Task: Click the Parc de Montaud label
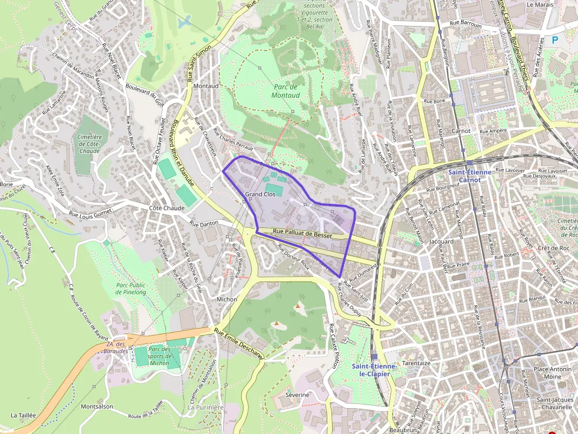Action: click(x=287, y=91)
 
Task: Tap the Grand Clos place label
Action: click(x=260, y=194)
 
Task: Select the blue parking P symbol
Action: click(x=554, y=40)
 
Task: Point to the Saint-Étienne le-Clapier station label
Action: click(x=374, y=370)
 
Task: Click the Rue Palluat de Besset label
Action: click(x=303, y=234)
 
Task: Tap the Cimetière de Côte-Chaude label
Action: click(x=90, y=144)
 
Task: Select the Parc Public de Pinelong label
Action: click(x=131, y=288)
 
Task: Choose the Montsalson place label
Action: click(x=97, y=406)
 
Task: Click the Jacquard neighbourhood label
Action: click(x=442, y=241)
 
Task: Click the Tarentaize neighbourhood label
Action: click(x=416, y=363)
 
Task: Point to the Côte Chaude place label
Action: click(x=166, y=208)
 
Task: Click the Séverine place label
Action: click(x=297, y=394)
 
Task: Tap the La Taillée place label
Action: click(x=24, y=415)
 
